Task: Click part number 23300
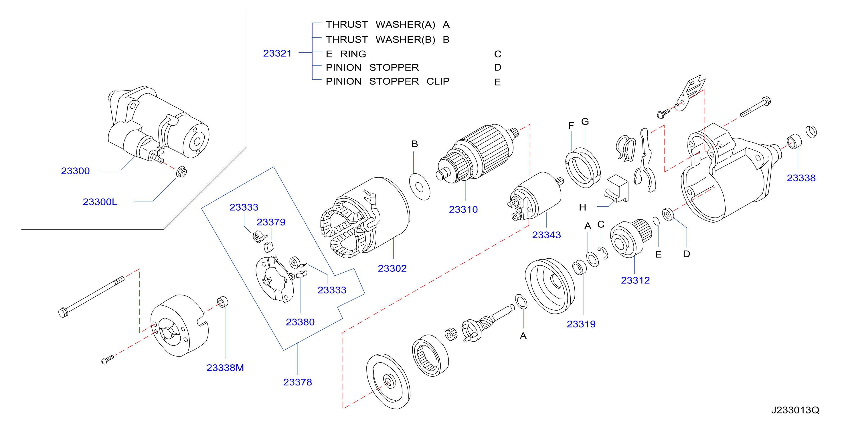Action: point(75,171)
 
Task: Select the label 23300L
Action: point(100,202)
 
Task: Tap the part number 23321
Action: point(277,53)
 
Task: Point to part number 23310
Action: point(463,209)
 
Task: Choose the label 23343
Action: point(546,235)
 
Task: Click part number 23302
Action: point(392,268)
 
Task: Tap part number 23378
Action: point(297,382)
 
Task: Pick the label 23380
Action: point(300,322)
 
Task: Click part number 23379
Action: point(271,222)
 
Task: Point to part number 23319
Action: point(581,324)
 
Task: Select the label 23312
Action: point(635,280)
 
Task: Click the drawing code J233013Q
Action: point(795,410)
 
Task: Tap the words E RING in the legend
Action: point(346,54)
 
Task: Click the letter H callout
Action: point(582,207)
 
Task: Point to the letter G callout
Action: point(585,121)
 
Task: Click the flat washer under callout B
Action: point(420,187)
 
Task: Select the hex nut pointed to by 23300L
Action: point(181,172)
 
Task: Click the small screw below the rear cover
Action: point(108,359)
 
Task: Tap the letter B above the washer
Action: point(414,144)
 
